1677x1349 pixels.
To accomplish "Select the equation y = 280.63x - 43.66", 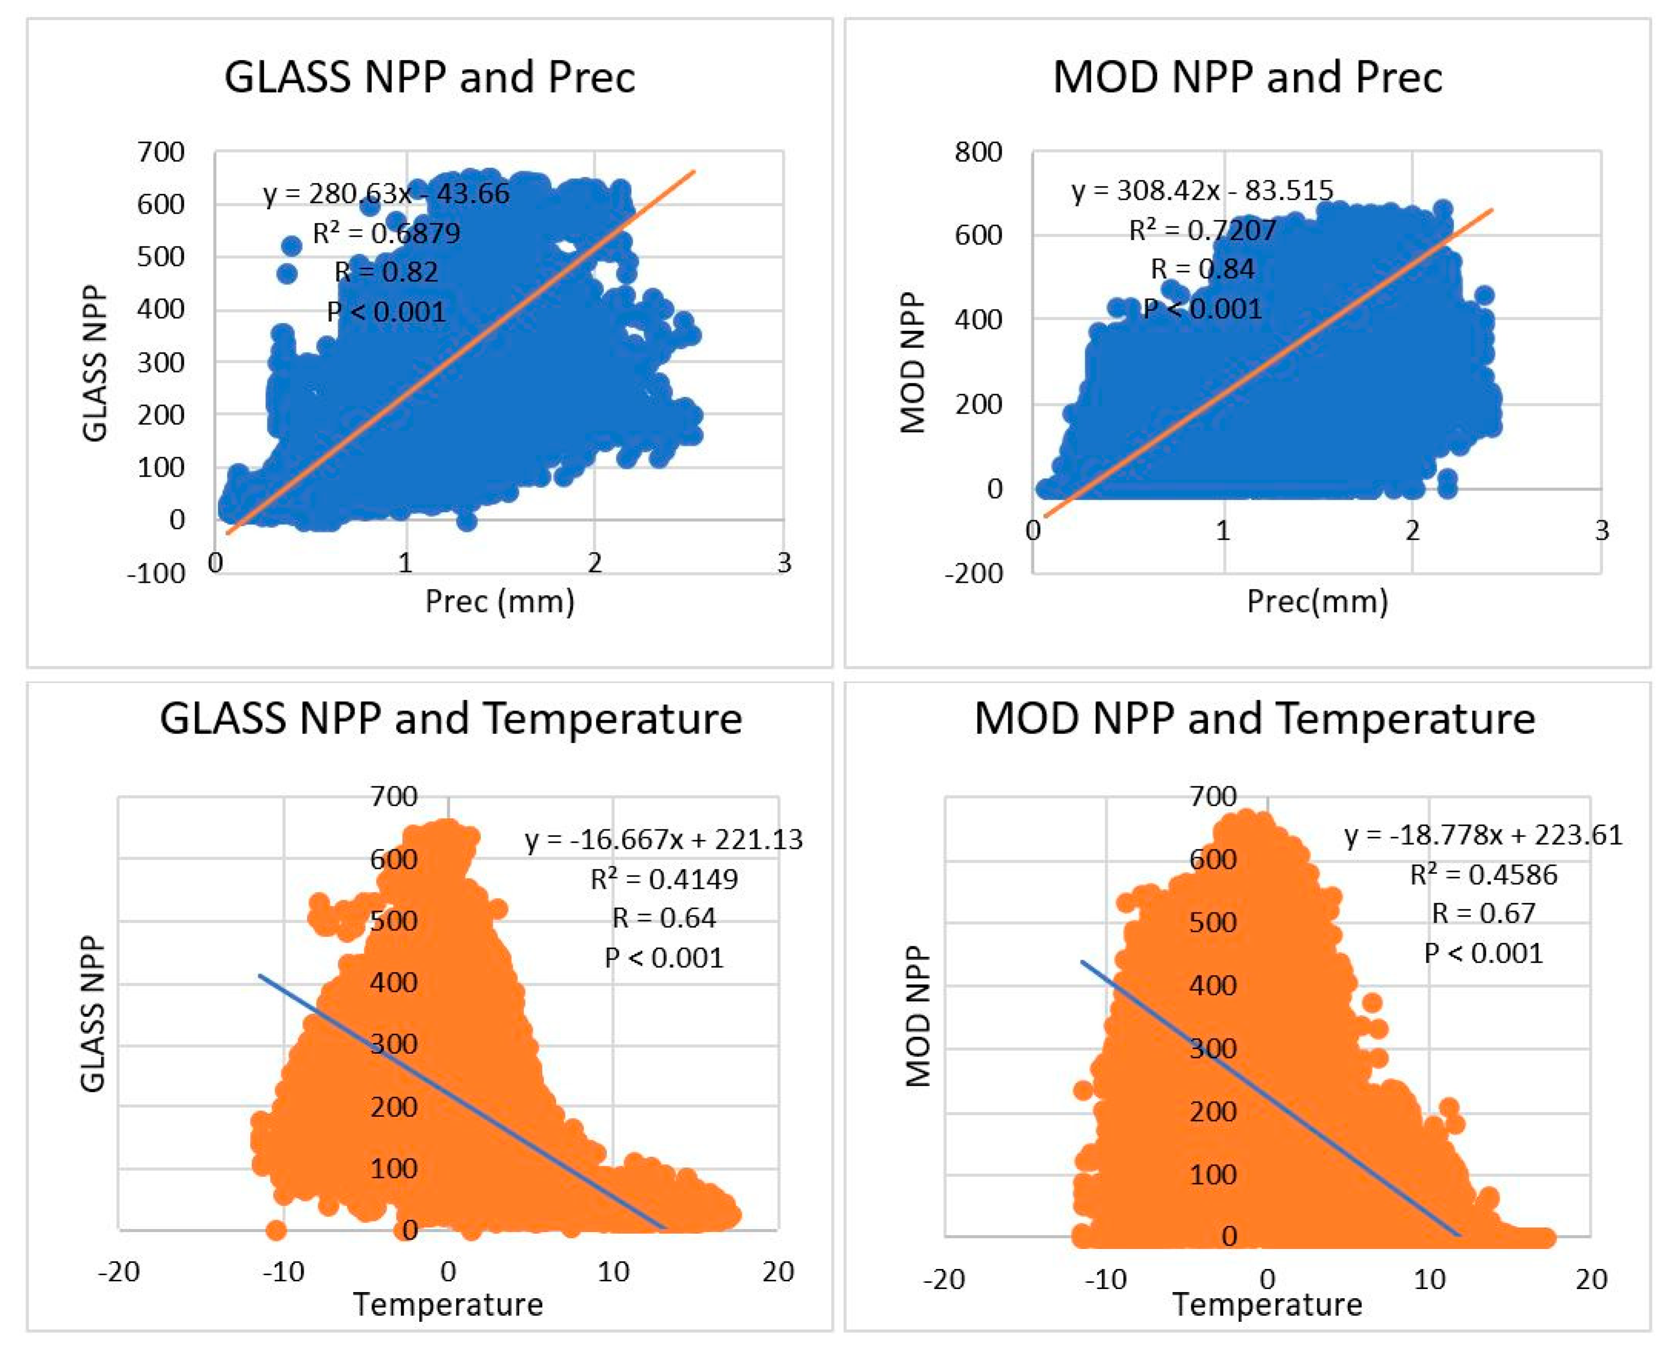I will coord(386,193).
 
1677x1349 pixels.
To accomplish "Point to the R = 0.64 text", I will coord(664,918).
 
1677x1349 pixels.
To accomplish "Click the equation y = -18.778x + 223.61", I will coord(1483,835).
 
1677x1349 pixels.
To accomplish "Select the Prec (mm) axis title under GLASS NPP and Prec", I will coord(500,601).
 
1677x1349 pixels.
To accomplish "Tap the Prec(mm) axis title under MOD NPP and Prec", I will coord(1317,601).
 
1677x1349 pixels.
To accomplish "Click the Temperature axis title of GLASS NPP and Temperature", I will coord(448,1304).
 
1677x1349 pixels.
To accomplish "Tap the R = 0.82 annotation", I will coord(386,272).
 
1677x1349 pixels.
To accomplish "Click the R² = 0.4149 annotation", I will coord(664,879).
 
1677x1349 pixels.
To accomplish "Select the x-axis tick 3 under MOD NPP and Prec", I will coord(1601,530).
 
